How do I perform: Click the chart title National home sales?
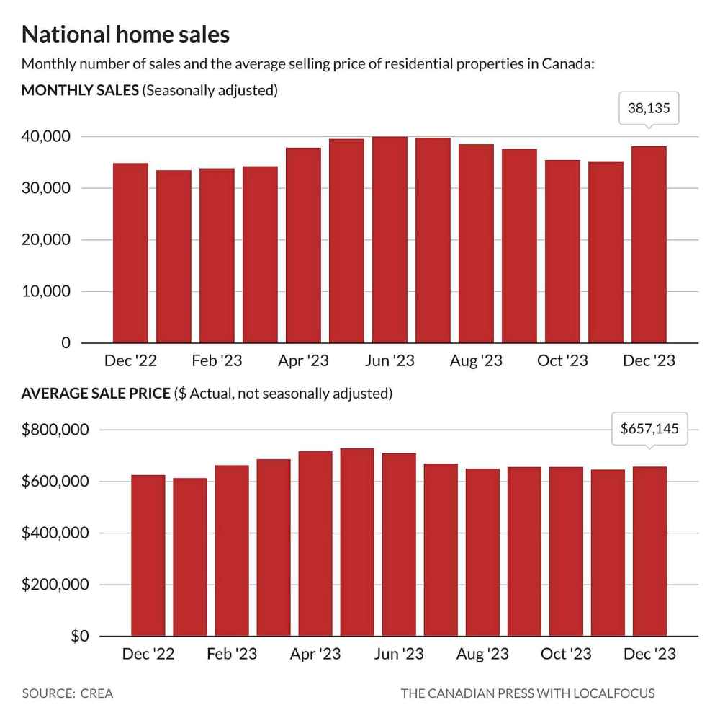[126, 35]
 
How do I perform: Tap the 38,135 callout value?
[649, 110]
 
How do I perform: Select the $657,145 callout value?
[649, 429]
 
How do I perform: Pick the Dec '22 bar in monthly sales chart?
[130, 253]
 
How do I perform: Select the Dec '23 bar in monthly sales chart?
[649, 244]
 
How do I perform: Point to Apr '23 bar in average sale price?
[315, 544]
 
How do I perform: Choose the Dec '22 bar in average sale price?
[148, 555]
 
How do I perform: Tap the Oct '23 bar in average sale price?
[566, 551]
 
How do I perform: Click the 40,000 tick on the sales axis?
[46, 137]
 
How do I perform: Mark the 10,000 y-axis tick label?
[46, 292]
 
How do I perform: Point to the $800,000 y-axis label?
[55, 430]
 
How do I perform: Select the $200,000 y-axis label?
[55, 585]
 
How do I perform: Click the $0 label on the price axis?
[78, 637]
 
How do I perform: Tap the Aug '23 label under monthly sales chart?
[476, 360]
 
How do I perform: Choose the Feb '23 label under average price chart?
[232, 654]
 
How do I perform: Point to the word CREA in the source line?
[97, 693]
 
